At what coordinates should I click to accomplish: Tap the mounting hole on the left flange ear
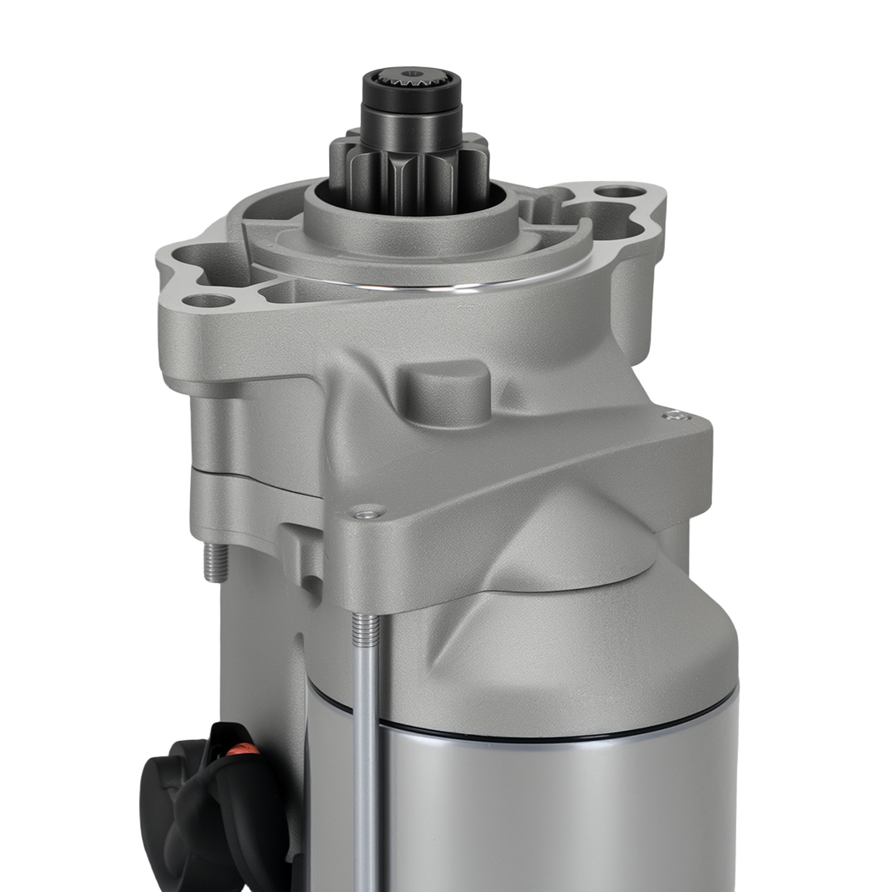coord(211,303)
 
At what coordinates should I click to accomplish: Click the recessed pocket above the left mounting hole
coord(195,259)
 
